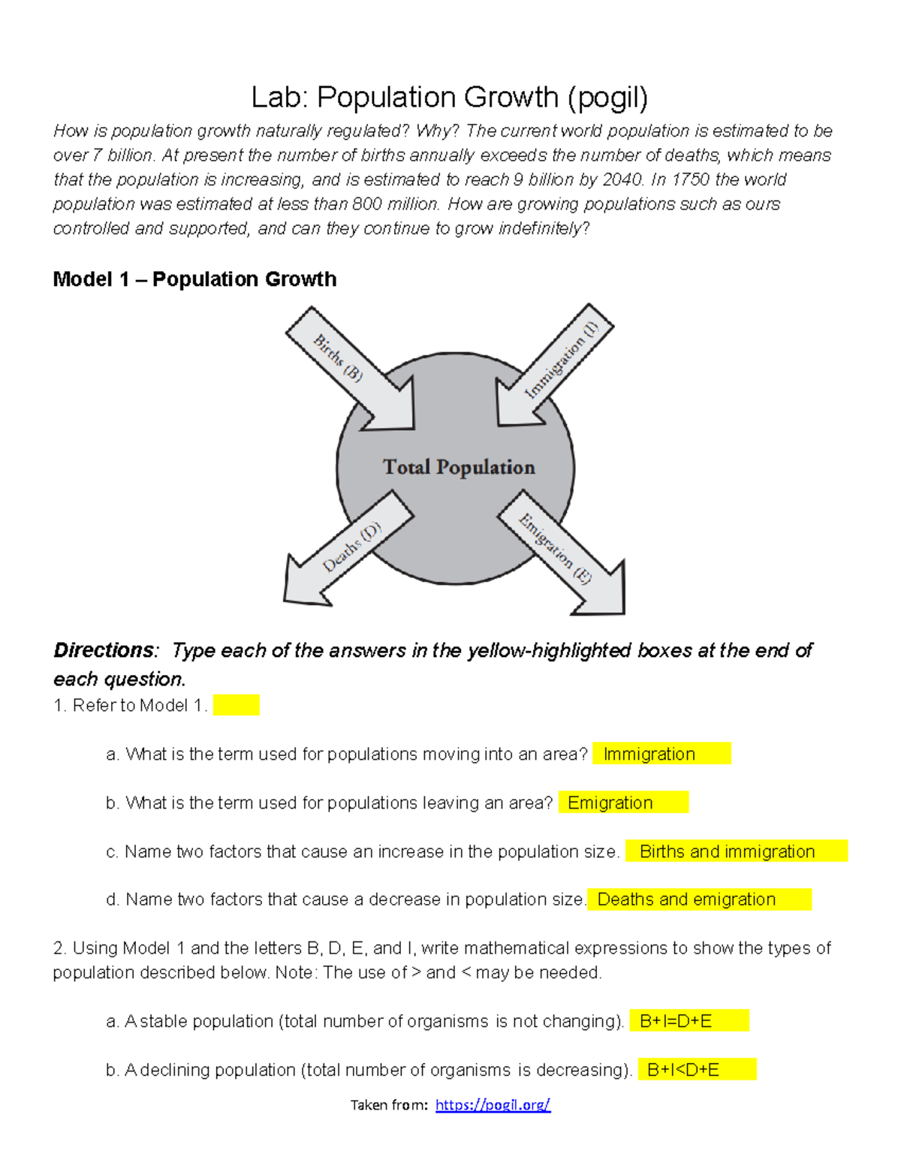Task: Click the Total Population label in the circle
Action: coord(459,467)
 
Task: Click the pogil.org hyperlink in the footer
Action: coord(493,1104)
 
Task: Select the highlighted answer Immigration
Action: coord(649,754)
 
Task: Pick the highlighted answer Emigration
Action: coord(610,803)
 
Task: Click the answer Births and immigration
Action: coord(727,851)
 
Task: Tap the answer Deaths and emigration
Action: coord(686,899)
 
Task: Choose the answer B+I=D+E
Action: coord(676,1021)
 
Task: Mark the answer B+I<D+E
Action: coord(683,1070)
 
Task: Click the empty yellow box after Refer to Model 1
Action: coord(236,705)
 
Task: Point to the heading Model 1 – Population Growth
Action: coord(194,279)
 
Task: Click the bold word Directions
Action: coord(104,650)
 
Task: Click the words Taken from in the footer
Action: coord(389,1104)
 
